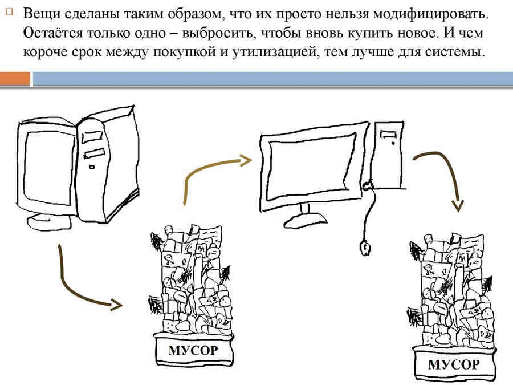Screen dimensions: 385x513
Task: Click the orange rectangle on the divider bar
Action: point(15,78)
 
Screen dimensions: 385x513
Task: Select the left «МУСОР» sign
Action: point(193,349)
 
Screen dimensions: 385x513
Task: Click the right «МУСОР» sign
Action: point(453,363)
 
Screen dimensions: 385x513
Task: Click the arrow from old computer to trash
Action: point(80,285)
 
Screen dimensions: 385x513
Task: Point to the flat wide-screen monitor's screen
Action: point(311,165)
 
